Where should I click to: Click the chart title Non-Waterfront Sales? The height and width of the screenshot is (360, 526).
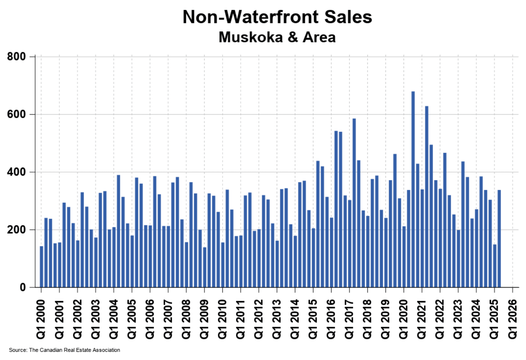(x=277, y=17)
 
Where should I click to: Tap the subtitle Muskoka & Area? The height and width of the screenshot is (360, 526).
(x=277, y=37)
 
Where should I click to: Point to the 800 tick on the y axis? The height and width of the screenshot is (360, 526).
(x=16, y=57)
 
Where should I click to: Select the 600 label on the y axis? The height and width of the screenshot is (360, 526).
(x=16, y=114)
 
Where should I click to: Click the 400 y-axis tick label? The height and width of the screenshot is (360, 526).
(x=16, y=172)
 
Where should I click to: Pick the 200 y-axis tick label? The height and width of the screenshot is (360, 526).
(x=16, y=230)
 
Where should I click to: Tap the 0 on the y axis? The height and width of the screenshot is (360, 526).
(x=22, y=287)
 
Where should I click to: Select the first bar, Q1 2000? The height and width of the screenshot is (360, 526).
(x=41, y=267)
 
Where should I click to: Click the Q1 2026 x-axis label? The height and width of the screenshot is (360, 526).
(x=513, y=319)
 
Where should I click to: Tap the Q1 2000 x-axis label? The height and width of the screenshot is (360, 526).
(x=41, y=319)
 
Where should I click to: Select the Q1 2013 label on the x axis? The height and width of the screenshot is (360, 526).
(x=277, y=319)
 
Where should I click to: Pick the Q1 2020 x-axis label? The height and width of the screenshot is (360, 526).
(x=404, y=319)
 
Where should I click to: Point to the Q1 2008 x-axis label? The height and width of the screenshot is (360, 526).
(x=186, y=319)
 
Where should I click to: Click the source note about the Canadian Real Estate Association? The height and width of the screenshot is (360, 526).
(x=65, y=350)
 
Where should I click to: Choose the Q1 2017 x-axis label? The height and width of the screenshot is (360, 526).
(x=349, y=319)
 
